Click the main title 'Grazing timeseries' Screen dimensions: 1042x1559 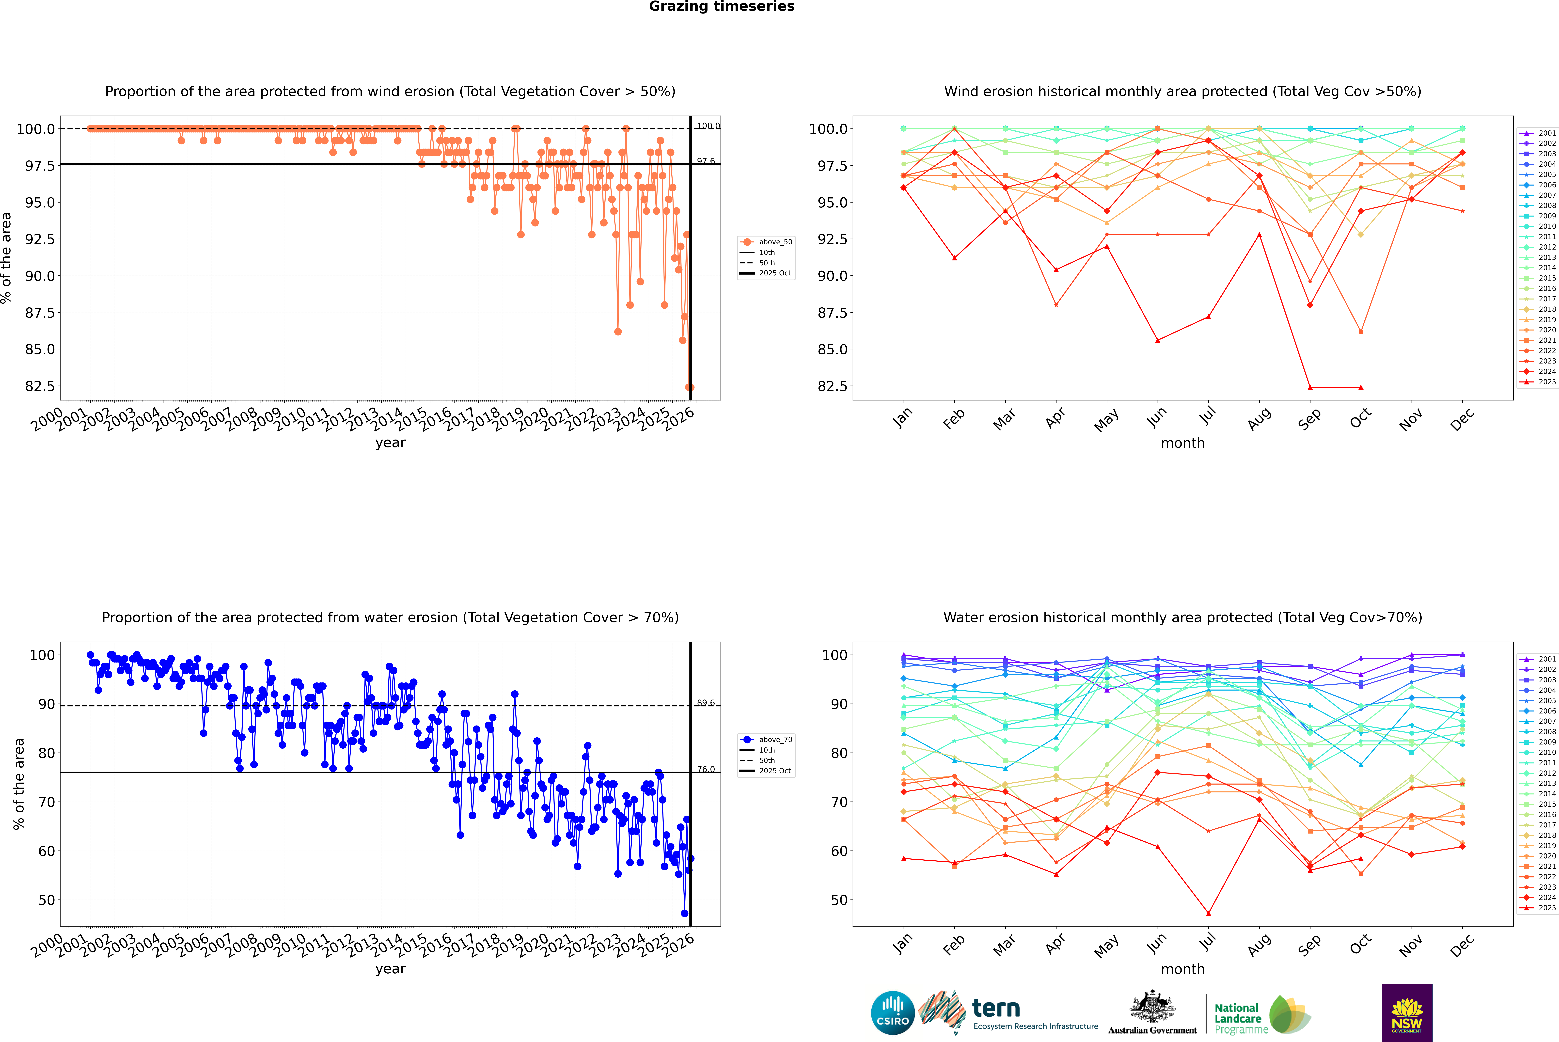pos(722,7)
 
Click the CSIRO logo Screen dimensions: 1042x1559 pos(893,1013)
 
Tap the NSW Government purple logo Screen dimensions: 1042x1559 pos(1407,1013)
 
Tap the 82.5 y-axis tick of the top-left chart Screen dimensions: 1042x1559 pos(40,386)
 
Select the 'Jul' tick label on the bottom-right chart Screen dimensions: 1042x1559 pos(1207,944)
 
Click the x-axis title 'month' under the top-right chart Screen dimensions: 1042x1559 pos(1182,443)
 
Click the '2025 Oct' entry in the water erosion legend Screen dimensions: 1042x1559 pos(775,771)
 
